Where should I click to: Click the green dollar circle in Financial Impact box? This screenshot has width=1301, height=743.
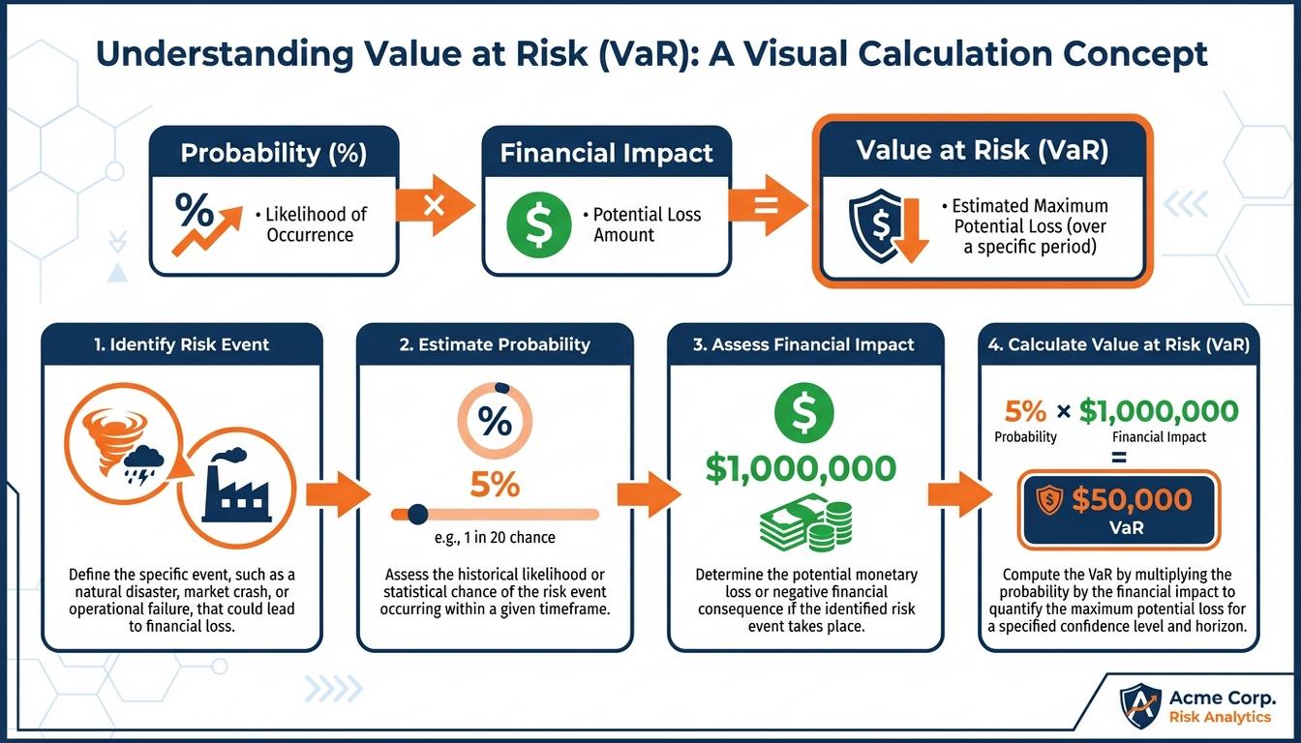[532, 224]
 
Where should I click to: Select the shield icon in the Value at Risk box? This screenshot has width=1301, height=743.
[875, 226]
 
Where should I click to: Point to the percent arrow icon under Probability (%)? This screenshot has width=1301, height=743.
[201, 223]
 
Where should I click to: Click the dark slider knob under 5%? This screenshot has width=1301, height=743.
[418, 514]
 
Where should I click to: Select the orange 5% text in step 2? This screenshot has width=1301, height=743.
[495, 483]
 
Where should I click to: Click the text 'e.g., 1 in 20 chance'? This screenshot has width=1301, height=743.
[495, 538]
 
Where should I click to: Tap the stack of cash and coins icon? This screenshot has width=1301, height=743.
[806, 522]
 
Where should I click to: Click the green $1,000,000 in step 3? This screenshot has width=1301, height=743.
[801, 468]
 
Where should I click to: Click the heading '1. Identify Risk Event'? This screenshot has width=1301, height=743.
[181, 344]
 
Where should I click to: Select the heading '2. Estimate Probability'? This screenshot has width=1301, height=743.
[495, 344]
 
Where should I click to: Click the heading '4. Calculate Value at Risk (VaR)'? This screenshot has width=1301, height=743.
[1119, 344]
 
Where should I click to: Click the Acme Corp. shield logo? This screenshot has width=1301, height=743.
[1139, 705]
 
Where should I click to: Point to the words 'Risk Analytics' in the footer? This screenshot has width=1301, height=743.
[1223, 717]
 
